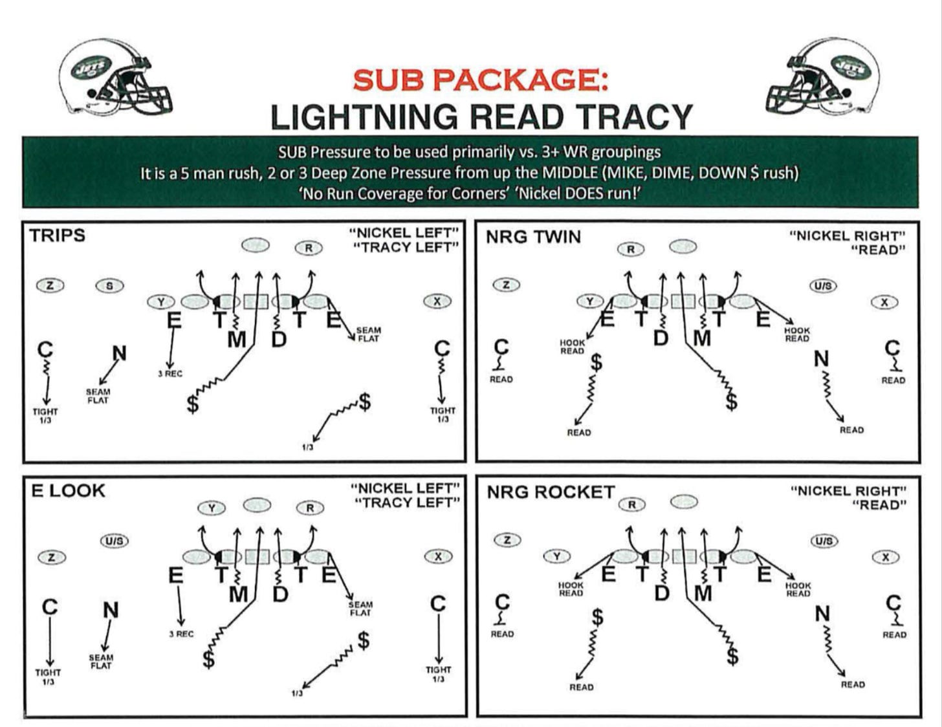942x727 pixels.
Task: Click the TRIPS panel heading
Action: click(57, 235)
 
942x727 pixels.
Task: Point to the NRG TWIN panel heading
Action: click(533, 237)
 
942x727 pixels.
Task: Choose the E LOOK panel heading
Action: click(68, 491)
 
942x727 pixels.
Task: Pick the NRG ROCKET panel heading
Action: click(550, 492)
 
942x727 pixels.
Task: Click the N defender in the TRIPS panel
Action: click(119, 353)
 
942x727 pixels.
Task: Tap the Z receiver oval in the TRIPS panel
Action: click(50, 285)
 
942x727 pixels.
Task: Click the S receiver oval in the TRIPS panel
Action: click(109, 285)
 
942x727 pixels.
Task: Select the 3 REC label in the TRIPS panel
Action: click(170, 374)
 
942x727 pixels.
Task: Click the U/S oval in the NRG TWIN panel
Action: click(823, 285)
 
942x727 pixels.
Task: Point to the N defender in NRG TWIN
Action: click(821, 358)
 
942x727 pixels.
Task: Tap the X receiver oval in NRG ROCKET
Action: click(885, 557)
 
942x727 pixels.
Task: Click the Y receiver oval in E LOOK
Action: click(212, 508)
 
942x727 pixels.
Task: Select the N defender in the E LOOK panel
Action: click(111, 610)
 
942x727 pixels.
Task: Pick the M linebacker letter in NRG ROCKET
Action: click(703, 593)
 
